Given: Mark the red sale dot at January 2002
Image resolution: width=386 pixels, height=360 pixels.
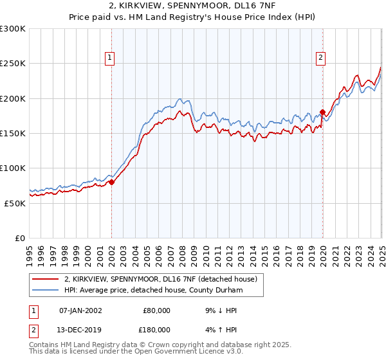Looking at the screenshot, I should [112, 182].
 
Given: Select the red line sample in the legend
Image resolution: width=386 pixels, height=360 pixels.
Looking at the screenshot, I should [46, 279].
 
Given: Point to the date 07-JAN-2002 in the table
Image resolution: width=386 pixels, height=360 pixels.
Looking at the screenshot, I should [80, 310].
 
